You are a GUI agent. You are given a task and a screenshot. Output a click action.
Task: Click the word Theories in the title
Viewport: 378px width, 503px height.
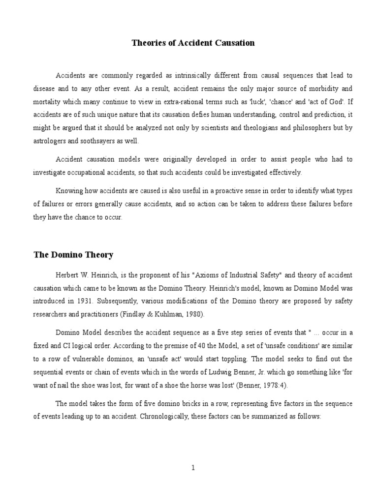coord(147,43)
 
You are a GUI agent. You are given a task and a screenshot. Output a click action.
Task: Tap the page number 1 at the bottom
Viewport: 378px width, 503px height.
coord(193,468)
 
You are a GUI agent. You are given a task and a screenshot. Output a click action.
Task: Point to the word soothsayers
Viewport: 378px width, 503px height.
coord(102,141)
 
